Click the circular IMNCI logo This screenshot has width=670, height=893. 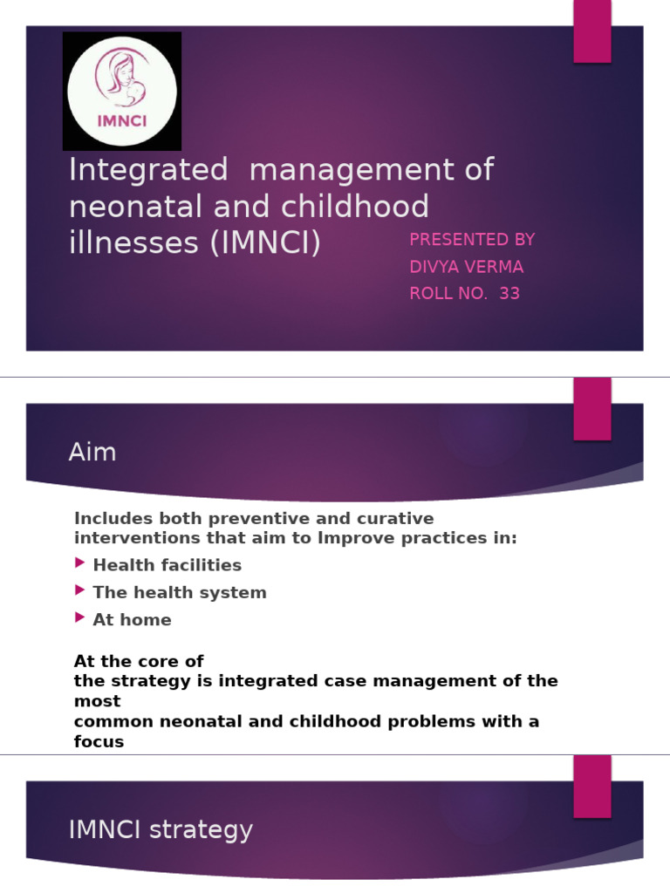coord(122,91)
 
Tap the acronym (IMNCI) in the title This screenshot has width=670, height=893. coord(264,242)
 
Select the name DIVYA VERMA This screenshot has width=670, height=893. coord(467,267)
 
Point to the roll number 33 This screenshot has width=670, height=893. coord(509,294)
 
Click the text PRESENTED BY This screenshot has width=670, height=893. coord(472,240)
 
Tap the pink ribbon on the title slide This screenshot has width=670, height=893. coord(591,31)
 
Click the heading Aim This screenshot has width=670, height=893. coord(92,453)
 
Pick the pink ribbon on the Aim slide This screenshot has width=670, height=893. coord(591,408)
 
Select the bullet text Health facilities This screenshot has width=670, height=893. coord(167,565)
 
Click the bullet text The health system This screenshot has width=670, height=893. coord(179,593)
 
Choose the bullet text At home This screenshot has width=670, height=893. coord(132,620)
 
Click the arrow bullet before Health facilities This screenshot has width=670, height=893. coord(81,564)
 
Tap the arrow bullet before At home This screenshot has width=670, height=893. coord(81,619)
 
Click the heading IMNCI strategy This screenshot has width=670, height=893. coord(161,830)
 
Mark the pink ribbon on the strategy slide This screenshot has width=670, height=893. coord(591,785)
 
